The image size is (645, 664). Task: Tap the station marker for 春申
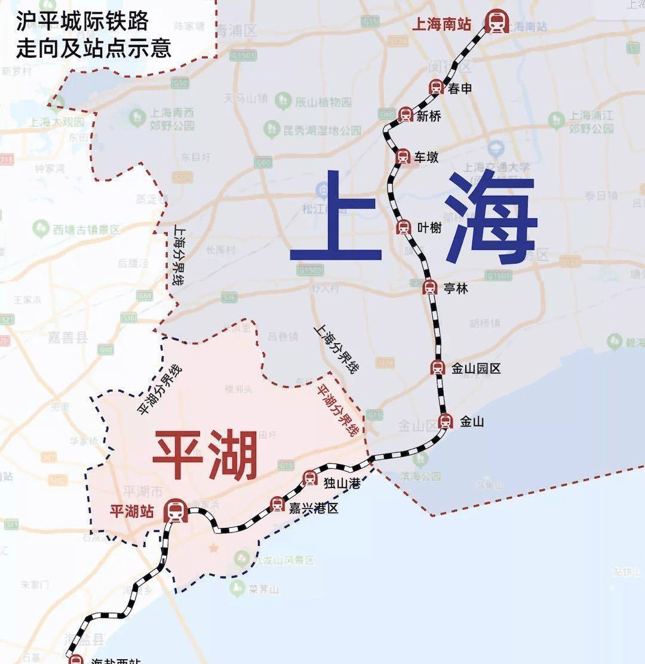click(436, 88)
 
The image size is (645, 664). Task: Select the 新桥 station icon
click(406, 115)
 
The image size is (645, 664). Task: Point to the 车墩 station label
click(427, 157)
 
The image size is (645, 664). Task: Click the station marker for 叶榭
click(404, 227)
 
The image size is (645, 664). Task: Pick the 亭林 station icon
click(429, 288)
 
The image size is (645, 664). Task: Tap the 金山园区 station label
click(475, 369)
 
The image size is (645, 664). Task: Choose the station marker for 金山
click(446, 422)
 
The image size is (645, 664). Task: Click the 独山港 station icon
click(310, 477)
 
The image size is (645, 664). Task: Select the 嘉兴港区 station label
click(314, 508)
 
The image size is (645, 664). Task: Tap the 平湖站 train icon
click(176, 511)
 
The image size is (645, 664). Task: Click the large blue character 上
click(336, 218)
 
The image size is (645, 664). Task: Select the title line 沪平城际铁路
click(82, 23)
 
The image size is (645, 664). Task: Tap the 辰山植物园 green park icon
click(283, 101)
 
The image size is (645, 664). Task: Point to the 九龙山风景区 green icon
click(241, 559)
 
